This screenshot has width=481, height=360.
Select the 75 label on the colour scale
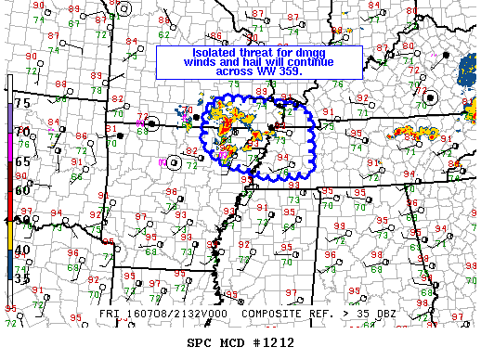(23, 103)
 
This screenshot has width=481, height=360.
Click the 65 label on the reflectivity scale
(23, 161)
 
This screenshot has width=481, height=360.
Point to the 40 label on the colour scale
(23, 250)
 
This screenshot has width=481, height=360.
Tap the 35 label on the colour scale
(23, 277)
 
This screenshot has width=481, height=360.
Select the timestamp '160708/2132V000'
(164, 315)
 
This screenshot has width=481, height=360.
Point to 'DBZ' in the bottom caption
(360, 315)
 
